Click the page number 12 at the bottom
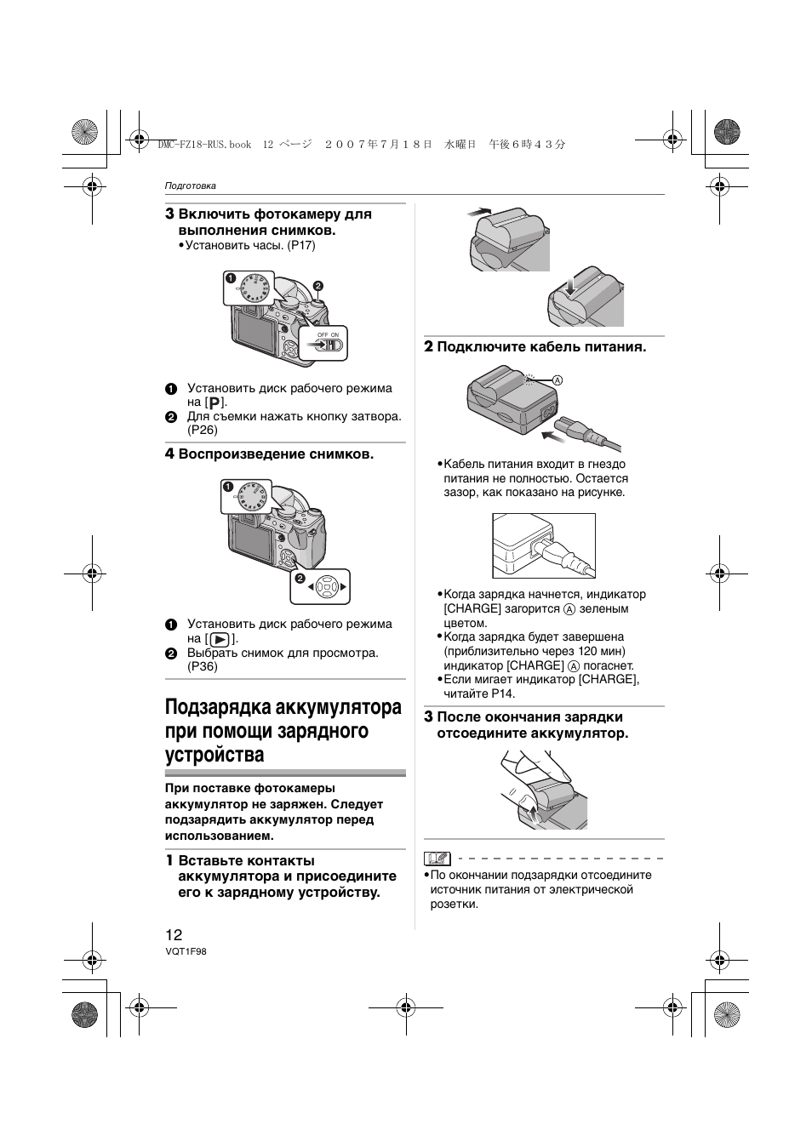click(x=174, y=934)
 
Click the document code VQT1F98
click(x=186, y=952)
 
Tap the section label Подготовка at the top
click(x=190, y=185)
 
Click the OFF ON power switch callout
click(x=328, y=343)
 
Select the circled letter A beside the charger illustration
click(x=558, y=379)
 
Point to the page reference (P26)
click(x=203, y=430)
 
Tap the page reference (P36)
click(x=203, y=666)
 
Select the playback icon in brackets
click(x=220, y=638)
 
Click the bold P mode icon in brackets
click(x=215, y=402)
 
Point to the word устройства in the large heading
click(x=214, y=755)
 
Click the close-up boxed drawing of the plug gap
click(x=544, y=546)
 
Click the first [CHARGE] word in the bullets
click(x=472, y=608)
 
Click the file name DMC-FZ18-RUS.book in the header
click(x=204, y=145)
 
